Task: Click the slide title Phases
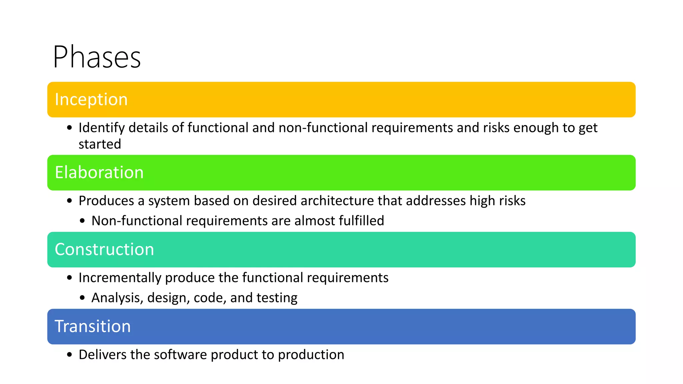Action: [x=97, y=57]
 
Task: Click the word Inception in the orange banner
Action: [x=91, y=99]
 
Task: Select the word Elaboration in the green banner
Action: [x=99, y=172]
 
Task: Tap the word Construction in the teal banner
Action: [x=104, y=249]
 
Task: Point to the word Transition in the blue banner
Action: [x=93, y=326]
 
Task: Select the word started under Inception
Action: [x=100, y=144]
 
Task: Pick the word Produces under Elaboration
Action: [x=106, y=201]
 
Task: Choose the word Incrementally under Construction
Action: [x=120, y=278]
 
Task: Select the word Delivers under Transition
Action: [x=102, y=355]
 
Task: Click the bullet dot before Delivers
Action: [x=69, y=355]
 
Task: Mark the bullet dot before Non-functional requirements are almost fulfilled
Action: [x=82, y=221]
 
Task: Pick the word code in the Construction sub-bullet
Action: [x=208, y=298]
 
